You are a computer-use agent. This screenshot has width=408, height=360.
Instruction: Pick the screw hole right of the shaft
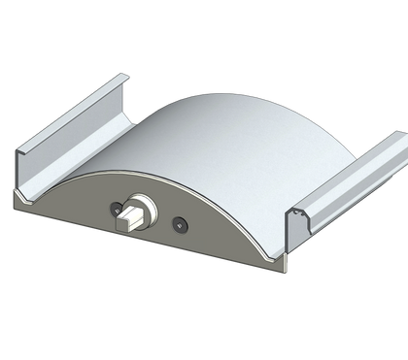181,225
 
